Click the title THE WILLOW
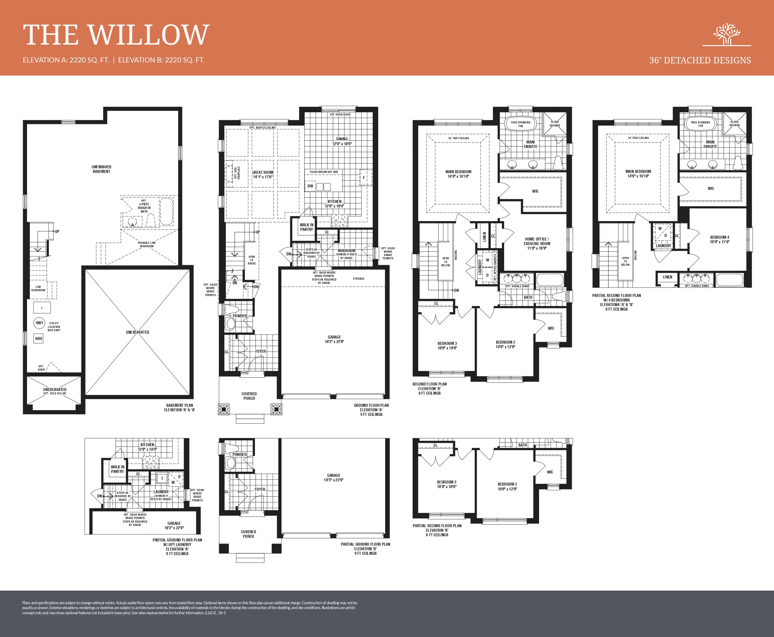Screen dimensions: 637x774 pos(116,35)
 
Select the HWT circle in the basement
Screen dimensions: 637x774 pos(39,323)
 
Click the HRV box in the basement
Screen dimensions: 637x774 pos(39,338)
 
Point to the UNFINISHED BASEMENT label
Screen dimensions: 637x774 pos(101,169)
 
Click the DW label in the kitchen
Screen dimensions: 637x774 pos(310,186)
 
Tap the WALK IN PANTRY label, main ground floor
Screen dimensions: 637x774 pos(306,227)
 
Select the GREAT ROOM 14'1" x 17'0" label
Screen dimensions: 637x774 pos(263,175)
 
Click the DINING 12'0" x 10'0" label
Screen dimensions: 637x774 pos(342,141)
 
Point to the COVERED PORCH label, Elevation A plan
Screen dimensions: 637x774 pos(249,396)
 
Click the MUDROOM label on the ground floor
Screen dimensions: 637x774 pos(346,251)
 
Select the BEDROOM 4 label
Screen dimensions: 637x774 pos(719,240)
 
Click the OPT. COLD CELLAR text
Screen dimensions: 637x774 pos(55,393)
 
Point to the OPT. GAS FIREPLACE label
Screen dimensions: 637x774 pos(237,173)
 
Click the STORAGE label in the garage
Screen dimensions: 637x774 pos(358,278)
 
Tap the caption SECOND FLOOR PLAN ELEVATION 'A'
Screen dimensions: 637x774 pos(429,389)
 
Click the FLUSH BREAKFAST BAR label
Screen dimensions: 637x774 pos(324,172)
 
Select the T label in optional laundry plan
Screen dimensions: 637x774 pos(162,478)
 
